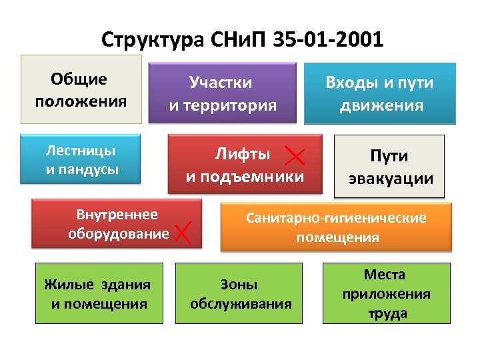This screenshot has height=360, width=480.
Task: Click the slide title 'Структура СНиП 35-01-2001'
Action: tap(243, 40)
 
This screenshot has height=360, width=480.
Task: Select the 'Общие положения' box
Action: tap(81, 89)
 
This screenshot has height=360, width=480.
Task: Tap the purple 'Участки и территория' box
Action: tap(222, 93)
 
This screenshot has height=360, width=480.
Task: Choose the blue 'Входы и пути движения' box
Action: tap(380, 93)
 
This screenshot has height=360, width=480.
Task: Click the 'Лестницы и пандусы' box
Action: tap(81, 159)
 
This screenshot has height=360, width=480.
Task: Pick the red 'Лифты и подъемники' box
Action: tap(244, 165)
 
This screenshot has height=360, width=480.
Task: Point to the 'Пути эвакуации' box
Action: tap(389, 167)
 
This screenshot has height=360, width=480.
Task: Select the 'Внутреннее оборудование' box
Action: tap(117, 224)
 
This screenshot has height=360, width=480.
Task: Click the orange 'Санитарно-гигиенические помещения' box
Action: tap(337, 227)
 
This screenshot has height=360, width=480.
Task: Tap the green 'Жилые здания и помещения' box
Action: tap(99, 294)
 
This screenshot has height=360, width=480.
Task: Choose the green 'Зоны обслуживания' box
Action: tap(239, 294)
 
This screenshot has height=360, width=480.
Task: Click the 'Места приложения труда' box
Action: tap(387, 294)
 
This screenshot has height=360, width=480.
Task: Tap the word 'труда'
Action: tap(387, 313)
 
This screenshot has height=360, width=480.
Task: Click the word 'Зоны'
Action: tap(239, 285)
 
